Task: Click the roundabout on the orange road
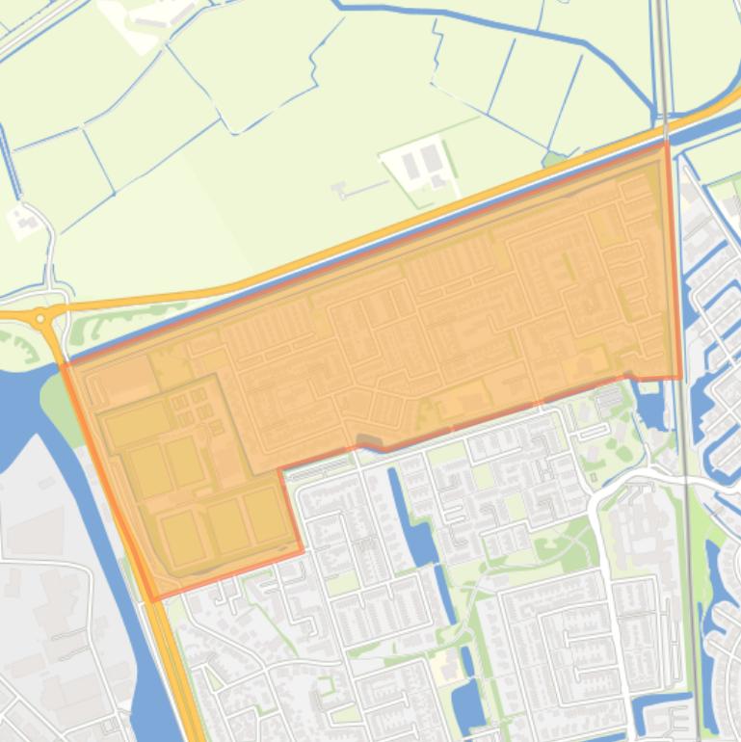tap(40, 317)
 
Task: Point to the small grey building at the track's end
tap(340, 190)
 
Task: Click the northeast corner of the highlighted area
tap(666, 145)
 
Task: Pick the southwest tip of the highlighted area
tap(154, 599)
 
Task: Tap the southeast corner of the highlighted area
tap(680, 377)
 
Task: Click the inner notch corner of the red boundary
tap(280, 471)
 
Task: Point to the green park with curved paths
tap(569, 540)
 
